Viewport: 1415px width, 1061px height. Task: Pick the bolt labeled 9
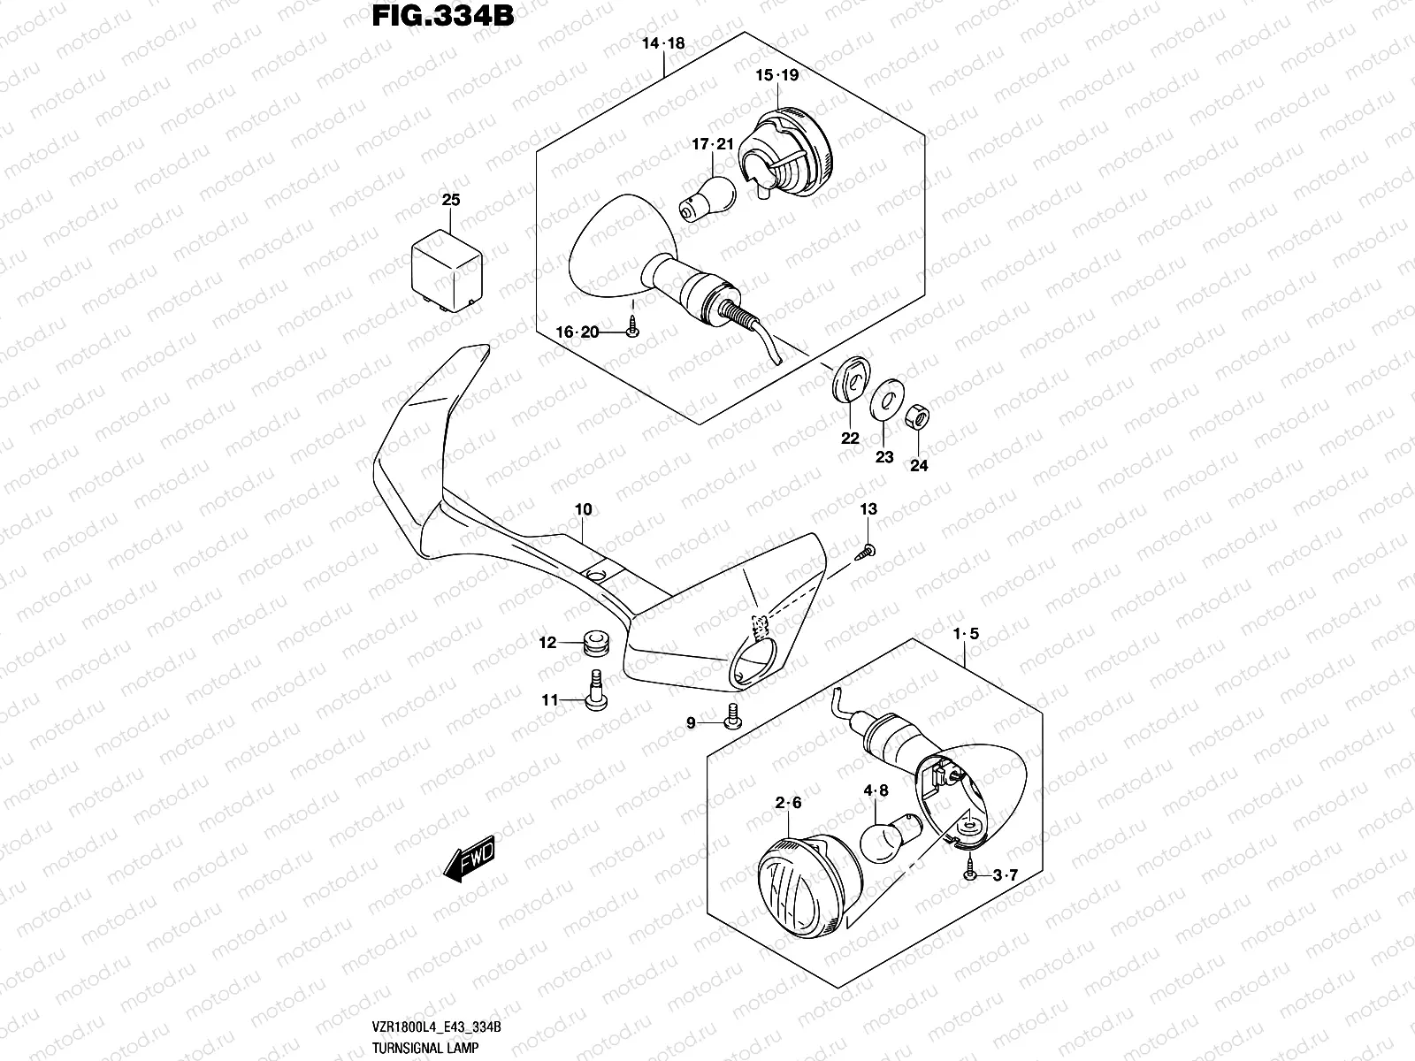point(731,717)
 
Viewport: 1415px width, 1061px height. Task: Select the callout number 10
point(583,510)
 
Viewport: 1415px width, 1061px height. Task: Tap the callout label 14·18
point(663,43)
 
